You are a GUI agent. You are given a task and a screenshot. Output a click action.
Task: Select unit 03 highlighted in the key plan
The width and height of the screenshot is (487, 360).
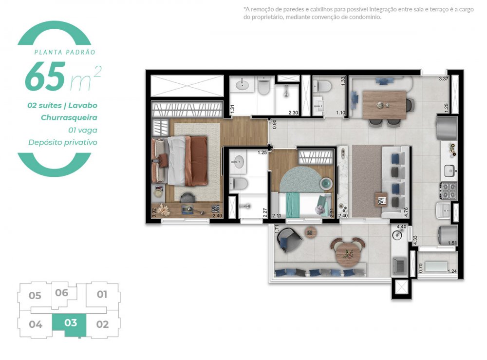(x=71, y=323)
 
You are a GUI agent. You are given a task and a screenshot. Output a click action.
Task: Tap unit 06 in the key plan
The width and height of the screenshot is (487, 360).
(x=61, y=293)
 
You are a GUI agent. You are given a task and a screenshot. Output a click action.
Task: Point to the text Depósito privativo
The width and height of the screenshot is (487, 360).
(x=63, y=142)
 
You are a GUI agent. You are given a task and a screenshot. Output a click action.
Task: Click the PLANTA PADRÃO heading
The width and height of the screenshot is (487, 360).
(x=64, y=52)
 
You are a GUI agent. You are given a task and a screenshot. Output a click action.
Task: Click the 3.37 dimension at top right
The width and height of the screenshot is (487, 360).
(x=443, y=78)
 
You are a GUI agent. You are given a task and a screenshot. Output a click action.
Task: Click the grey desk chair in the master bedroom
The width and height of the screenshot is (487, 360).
(x=187, y=197)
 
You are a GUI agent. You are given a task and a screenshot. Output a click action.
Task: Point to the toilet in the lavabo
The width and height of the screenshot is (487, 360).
(x=323, y=87)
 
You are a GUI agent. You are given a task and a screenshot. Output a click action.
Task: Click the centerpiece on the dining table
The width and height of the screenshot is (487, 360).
(x=380, y=105)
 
